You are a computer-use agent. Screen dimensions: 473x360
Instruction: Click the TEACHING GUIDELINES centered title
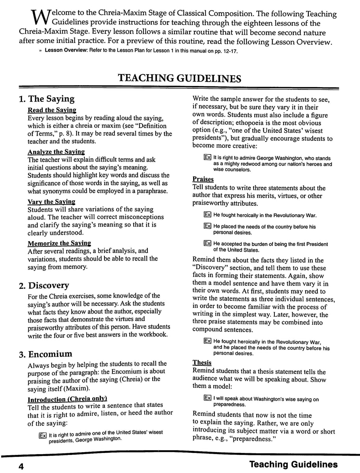click(x=180, y=78)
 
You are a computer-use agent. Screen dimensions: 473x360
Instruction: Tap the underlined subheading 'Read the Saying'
click(x=52, y=110)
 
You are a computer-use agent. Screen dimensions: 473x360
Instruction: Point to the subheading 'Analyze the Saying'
click(x=56, y=151)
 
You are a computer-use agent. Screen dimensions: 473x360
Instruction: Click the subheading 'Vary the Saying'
click(x=51, y=201)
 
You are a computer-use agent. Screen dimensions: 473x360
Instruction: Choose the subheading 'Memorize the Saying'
click(x=59, y=243)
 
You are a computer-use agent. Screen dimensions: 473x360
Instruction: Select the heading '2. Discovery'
click(x=44, y=285)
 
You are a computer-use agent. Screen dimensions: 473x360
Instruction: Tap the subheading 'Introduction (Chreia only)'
click(x=67, y=399)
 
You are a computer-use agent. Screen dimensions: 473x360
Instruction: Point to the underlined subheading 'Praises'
click(x=203, y=179)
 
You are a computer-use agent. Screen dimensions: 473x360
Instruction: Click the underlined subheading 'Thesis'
click(x=202, y=363)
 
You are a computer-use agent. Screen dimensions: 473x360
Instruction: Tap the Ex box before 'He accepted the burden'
click(x=207, y=244)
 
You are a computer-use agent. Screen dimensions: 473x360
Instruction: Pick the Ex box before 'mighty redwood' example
click(x=207, y=157)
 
